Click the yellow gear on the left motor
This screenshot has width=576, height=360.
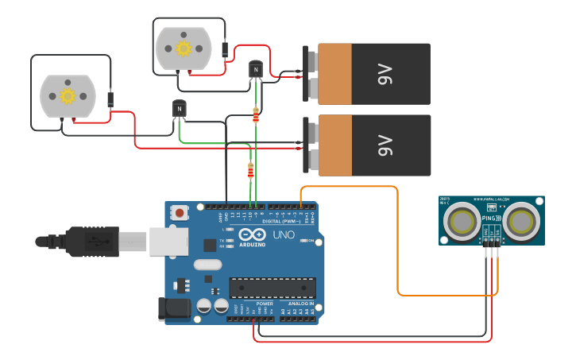pyautogui.click(x=68, y=96)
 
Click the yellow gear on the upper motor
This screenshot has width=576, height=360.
pyautogui.click(x=184, y=48)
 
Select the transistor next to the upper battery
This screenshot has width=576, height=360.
pyautogui.click(x=256, y=70)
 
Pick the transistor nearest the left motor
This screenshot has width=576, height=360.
pyautogui.click(x=180, y=108)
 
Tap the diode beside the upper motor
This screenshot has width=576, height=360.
pyautogui.click(x=226, y=50)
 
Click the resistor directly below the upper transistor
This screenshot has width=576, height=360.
pyautogui.click(x=255, y=114)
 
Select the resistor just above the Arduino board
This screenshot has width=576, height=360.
pyautogui.click(x=251, y=170)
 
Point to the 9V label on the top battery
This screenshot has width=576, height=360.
pyautogui.click(x=385, y=75)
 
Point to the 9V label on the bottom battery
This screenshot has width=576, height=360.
pyautogui.click(x=385, y=145)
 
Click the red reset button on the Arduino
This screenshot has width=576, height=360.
pyautogui.click(x=180, y=213)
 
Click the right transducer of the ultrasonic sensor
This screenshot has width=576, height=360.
pyautogui.click(x=523, y=220)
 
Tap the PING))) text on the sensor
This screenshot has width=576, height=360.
pyautogui.click(x=491, y=215)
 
